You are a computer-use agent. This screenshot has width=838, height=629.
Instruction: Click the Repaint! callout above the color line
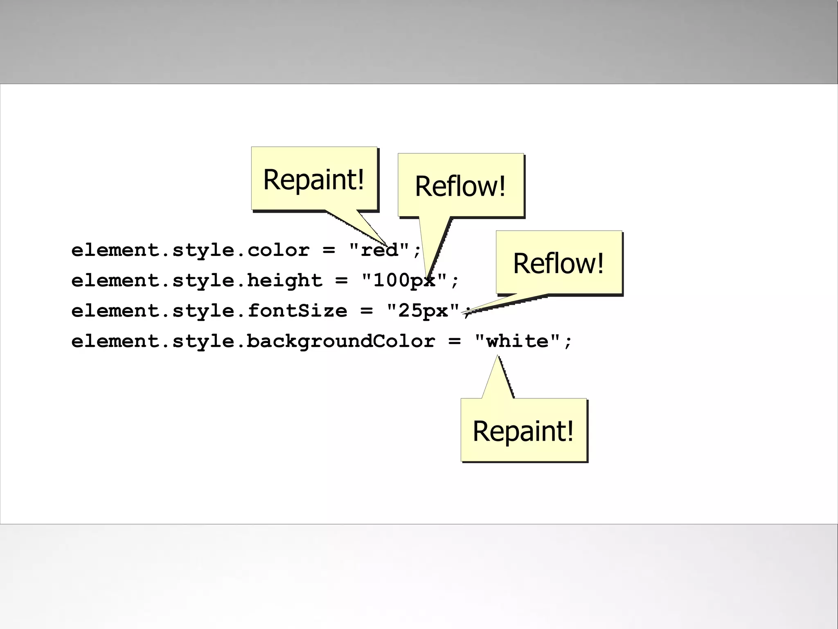[314, 179]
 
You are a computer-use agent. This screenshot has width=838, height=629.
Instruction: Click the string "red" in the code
[379, 250]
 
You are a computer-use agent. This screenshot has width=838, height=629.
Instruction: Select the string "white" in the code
[518, 341]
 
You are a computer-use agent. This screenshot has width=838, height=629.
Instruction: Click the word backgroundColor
[341, 341]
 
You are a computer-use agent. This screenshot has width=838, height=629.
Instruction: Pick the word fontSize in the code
[297, 311]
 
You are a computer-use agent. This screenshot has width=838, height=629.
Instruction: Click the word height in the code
[285, 281]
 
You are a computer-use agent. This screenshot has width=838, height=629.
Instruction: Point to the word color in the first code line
[278, 250]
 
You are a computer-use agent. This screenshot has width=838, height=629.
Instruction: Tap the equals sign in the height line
[341, 281]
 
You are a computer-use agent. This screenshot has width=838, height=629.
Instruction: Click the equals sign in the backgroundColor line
[454, 341]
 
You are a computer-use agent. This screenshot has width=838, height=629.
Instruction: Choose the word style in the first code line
[203, 250]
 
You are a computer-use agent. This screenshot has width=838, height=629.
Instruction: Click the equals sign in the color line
[329, 250]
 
